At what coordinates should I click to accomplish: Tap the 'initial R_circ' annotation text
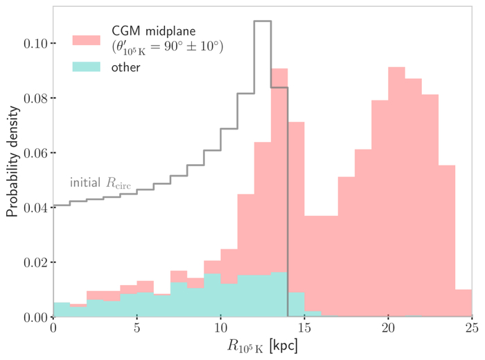coord(101,183)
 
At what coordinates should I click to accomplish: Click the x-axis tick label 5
coord(136,329)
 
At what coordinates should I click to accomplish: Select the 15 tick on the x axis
coord(304,329)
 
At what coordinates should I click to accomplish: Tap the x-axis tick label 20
coord(388,329)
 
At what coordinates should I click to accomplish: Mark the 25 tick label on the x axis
coord(471,329)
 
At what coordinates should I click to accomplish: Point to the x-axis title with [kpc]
coord(262,346)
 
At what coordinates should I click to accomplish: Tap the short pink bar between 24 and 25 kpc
coord(463,303)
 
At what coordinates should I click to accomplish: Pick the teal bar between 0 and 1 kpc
coord(62,310)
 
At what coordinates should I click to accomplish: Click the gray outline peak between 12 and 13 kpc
coord(262,21)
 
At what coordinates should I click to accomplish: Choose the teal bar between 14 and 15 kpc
coord(296,305)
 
